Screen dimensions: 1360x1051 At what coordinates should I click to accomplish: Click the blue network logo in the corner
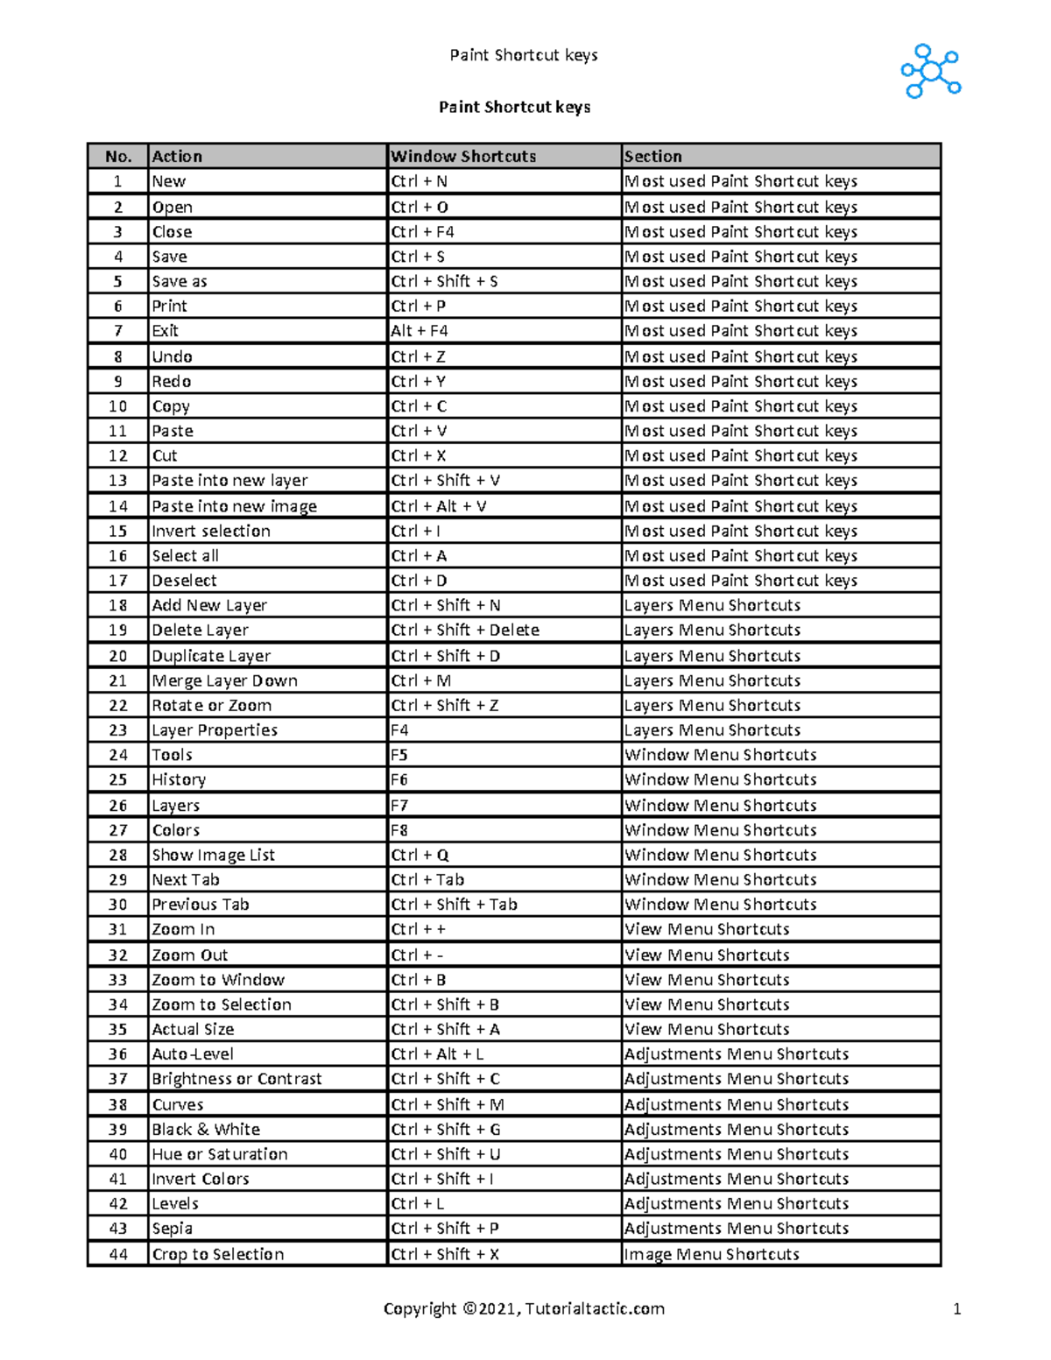point(930,71)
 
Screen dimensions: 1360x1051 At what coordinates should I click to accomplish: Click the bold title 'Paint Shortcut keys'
point(514,107)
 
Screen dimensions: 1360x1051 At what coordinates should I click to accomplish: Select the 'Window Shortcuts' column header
point(463,156)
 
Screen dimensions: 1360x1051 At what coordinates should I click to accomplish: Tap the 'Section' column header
point(652,156)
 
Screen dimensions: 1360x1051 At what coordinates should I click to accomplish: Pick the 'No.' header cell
point(118,156)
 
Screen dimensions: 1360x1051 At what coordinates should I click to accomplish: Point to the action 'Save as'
point(180,281)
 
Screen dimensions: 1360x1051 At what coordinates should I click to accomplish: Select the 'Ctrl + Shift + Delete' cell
point(465,630)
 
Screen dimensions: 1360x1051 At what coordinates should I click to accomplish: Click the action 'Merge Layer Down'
point(224,680)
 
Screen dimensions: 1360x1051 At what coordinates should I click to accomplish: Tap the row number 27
point(118,829)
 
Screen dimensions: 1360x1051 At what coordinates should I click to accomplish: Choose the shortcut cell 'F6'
point(399,779)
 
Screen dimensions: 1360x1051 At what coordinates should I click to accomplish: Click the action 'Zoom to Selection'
point(222,1004)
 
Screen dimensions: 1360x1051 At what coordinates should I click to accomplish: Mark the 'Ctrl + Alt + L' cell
point(437,1053)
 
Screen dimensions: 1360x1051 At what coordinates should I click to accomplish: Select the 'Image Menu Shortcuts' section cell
point(711,1254)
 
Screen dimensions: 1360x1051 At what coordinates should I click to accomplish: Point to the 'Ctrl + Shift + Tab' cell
point(454,904)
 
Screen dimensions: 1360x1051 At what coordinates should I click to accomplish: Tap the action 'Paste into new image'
point(234,506)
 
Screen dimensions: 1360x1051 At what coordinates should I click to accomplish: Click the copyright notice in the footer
point(524,1308)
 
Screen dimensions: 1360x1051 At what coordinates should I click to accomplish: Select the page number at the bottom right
point(956,1309)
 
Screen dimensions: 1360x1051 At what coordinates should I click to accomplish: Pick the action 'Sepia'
point(172,1228)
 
